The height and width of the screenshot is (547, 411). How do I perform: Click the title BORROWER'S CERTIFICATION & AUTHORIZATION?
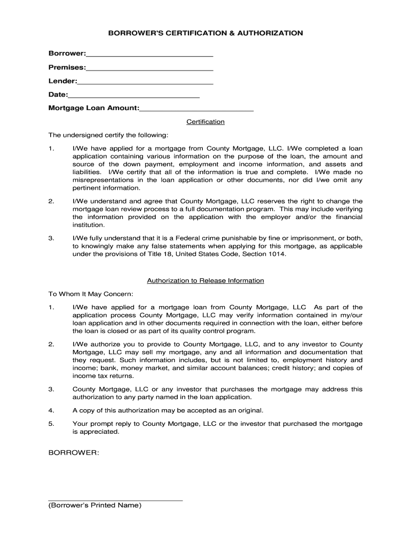pos(205,33)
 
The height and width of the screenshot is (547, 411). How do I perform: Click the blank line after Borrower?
pos(149,56)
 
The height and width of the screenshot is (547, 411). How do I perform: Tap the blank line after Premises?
pos(149,69)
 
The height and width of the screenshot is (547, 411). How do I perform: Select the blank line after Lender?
pos(145,83)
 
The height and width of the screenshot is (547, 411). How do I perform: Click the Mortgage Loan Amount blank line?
pos(196,110)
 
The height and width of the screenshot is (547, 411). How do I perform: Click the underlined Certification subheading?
pos(205,122)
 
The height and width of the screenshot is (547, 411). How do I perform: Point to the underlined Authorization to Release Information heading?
pos(205,281)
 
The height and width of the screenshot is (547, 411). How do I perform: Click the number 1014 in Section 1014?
pos(278,255)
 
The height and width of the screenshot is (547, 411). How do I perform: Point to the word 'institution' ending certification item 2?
pos(89,225)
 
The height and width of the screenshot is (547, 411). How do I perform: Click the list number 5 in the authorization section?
pos(51,424)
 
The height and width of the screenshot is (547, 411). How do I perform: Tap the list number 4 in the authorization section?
pos(51,410)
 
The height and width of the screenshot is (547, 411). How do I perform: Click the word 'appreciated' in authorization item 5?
pos(100,432)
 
